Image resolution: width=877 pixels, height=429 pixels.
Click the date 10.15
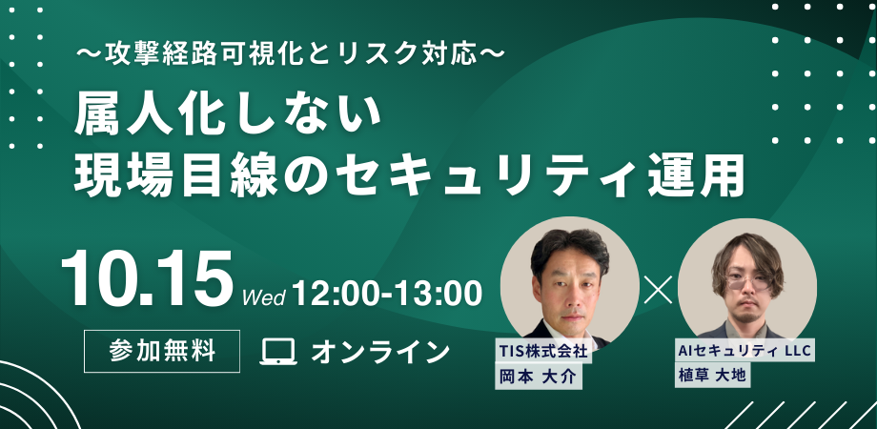[147, 279]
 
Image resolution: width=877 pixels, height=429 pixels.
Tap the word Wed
[263, 297]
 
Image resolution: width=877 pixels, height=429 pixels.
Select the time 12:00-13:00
[386, 293]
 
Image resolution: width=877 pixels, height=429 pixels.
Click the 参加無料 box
[162, 351]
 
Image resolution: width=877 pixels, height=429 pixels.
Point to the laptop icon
[278, 352]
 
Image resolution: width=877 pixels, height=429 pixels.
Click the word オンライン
[380, 352]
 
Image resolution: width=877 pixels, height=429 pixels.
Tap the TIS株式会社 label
[543, 351]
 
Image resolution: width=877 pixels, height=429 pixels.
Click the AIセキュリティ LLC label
[744, 351]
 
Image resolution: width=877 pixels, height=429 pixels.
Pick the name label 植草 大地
[712, 375]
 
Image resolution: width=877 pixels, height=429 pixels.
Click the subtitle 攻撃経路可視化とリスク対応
[291, 54]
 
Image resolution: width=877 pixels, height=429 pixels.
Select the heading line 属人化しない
[228, 116]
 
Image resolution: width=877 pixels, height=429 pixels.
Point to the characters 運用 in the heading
[695, 175]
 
